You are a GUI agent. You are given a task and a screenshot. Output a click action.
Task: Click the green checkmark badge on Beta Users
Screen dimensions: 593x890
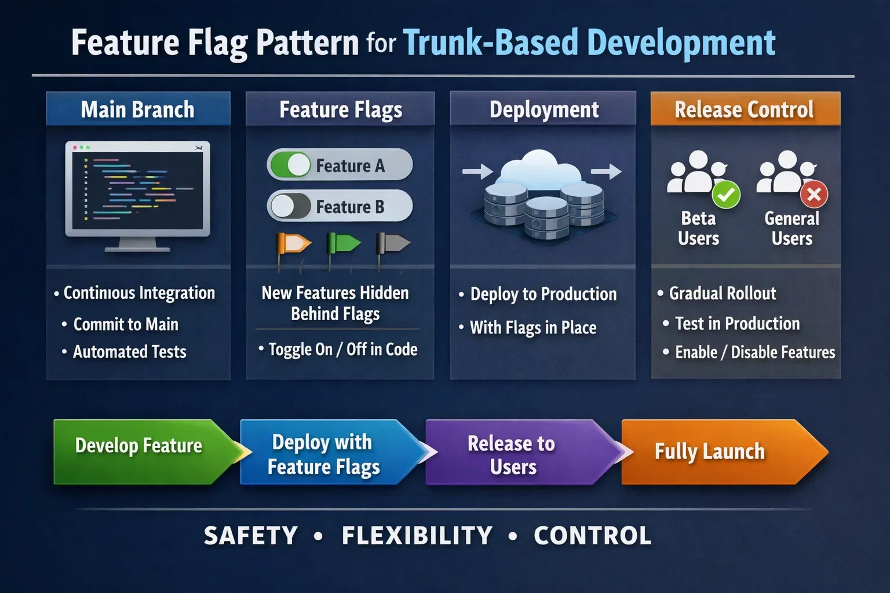pos(725,195)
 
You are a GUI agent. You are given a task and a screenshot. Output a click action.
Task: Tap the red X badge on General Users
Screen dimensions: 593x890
pos(814,195)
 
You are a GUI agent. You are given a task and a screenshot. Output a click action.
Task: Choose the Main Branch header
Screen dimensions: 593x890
pos(138,109)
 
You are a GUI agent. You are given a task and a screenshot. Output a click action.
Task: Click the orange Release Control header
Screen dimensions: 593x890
pos(745,109)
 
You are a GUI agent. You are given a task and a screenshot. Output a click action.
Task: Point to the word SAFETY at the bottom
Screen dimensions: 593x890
pos(251,536)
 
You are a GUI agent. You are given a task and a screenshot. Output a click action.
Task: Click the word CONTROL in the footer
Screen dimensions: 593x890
pos(592,536)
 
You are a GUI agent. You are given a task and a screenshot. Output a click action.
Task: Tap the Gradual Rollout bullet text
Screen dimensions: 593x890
pos(722,294)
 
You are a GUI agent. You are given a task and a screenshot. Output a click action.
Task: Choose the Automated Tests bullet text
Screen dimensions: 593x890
pos(129,352)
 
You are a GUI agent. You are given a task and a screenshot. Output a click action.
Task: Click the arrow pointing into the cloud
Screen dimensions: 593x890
pos(477,171)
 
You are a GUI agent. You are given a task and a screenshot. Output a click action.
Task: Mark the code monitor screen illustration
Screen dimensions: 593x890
pos(138,188)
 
